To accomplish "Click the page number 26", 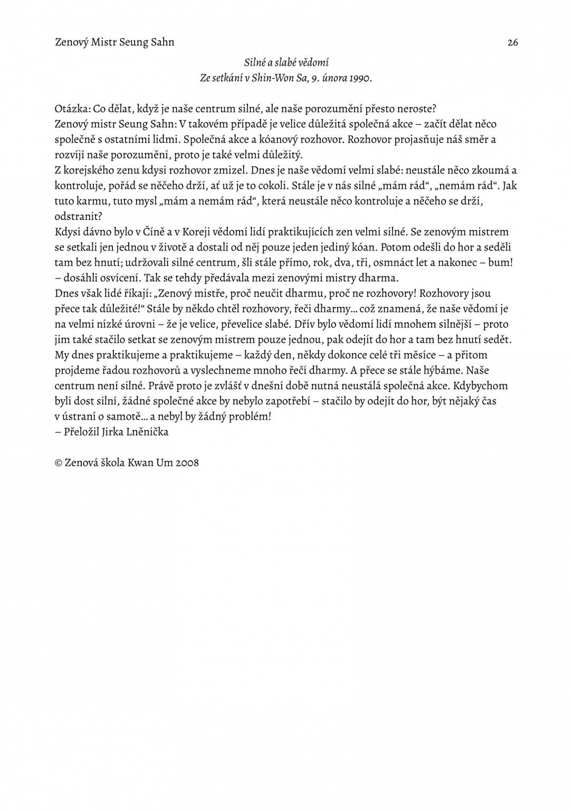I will click(x=512, y=43).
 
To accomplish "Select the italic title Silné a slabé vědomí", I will click(x=286, y=63).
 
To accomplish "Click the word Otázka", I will click(x=72, y=109).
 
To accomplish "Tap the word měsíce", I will click(x=409, y=354).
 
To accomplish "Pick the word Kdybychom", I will click(x=481, y=385).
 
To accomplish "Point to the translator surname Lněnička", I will click(x=149, y=431).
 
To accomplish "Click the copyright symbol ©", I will click(x=59, y=462).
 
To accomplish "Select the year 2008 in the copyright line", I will click(x=187, y=462).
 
